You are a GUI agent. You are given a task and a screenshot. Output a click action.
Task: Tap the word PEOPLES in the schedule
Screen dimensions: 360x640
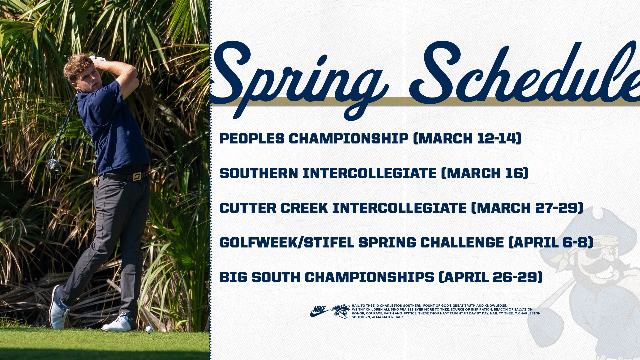click(252, 139)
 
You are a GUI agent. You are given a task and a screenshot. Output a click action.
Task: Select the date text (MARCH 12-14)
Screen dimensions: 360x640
click(467, 139)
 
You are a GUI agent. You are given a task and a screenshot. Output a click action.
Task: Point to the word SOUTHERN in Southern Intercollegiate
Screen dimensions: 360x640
click(259, 173)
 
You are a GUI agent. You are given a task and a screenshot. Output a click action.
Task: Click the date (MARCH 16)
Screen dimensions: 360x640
click(485, 173)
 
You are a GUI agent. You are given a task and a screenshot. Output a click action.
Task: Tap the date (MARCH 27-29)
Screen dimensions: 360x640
click(527, 208)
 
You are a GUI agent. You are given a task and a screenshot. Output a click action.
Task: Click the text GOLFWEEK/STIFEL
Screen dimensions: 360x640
click(287, 243)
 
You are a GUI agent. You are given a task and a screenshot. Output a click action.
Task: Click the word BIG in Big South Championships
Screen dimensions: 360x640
click(233, 277)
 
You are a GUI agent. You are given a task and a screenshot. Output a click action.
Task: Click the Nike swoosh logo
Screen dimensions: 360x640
click(319, 311)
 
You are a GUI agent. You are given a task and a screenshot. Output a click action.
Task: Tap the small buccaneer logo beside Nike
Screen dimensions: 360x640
click(341, 311)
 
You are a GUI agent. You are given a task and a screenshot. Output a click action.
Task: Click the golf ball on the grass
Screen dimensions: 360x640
click(149, 329)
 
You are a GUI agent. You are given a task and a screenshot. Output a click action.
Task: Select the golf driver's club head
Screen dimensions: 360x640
click(53, 166)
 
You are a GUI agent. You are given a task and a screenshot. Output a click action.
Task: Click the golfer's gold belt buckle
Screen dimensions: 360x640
click(137, 176)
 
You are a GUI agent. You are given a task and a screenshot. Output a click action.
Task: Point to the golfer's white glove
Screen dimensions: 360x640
click(98, 59)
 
